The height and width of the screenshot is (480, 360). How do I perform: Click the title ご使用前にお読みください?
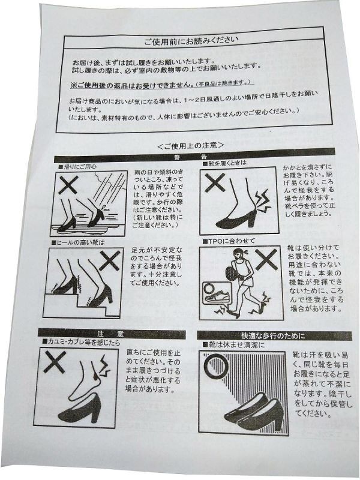(191, 41)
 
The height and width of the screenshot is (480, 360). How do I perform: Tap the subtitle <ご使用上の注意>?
(191, 145)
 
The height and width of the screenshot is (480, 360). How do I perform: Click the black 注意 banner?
(112, 334)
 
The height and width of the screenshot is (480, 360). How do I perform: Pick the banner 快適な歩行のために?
(275, 336)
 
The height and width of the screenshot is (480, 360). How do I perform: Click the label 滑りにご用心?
(77, 167)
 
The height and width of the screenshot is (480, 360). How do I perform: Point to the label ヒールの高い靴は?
(78, 242)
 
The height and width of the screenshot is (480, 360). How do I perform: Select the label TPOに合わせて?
(229, 241)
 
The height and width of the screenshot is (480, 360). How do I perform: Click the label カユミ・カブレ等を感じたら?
(81, 343)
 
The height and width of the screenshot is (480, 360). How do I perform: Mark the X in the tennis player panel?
(266, 259)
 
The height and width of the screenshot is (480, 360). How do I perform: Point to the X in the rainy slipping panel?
(68, 185)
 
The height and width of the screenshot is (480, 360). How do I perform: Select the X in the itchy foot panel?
(55, 362)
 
